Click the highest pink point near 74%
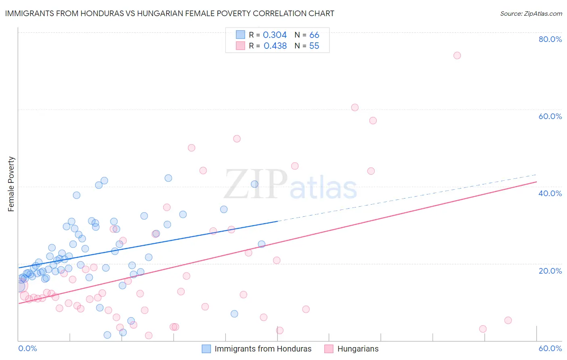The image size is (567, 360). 457,55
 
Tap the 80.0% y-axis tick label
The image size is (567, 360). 550,39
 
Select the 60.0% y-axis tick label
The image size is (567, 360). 550,116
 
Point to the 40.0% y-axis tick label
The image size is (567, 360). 550,193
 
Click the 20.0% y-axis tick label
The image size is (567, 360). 550,271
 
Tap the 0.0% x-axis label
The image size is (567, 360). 27,348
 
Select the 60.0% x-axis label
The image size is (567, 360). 550,348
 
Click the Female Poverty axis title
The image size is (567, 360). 11,184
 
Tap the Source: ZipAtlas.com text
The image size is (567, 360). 531,13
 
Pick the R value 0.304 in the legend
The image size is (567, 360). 275,35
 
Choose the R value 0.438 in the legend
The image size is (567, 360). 275,46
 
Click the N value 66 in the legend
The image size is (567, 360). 314,35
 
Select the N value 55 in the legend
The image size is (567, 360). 314,46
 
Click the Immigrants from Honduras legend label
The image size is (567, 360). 263,349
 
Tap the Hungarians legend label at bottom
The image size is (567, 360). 358,349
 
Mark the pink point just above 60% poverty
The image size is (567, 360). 355,107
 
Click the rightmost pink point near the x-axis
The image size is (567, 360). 508,320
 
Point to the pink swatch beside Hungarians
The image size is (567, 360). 329,349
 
